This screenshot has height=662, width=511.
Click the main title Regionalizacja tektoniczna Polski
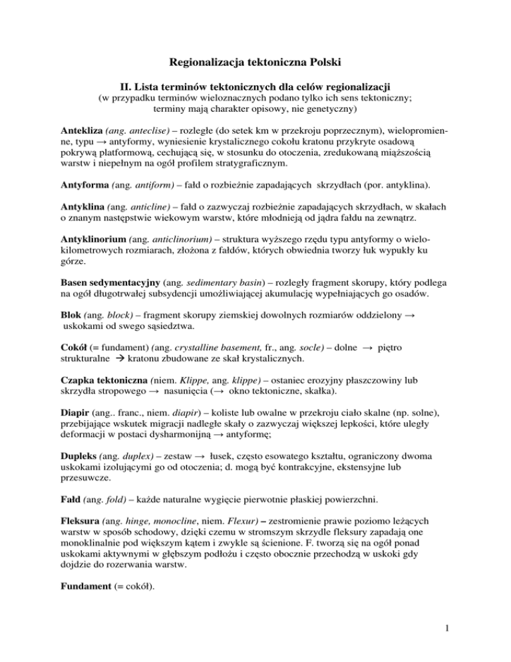click(x=255, y=64)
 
